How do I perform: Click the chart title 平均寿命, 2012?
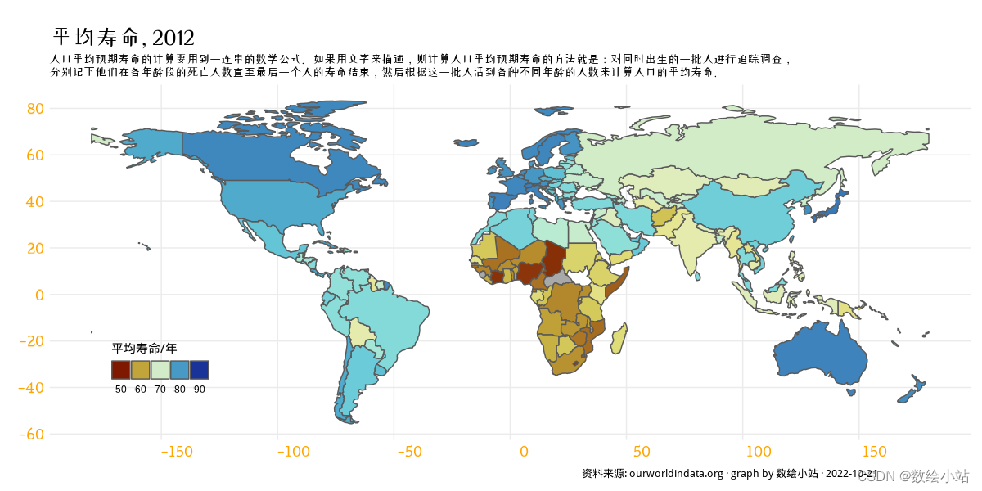[x=123, y=38]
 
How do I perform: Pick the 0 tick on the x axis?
[x=524, y=451]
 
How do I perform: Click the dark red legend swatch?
[x=120, y=370]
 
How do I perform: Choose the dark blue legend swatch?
[x=199, y=370]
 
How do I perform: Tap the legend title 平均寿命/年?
[x=139, y=349]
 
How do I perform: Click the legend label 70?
[x=160, y=390]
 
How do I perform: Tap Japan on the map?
[x=835, y=205]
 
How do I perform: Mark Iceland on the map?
[x=466, y=143]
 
